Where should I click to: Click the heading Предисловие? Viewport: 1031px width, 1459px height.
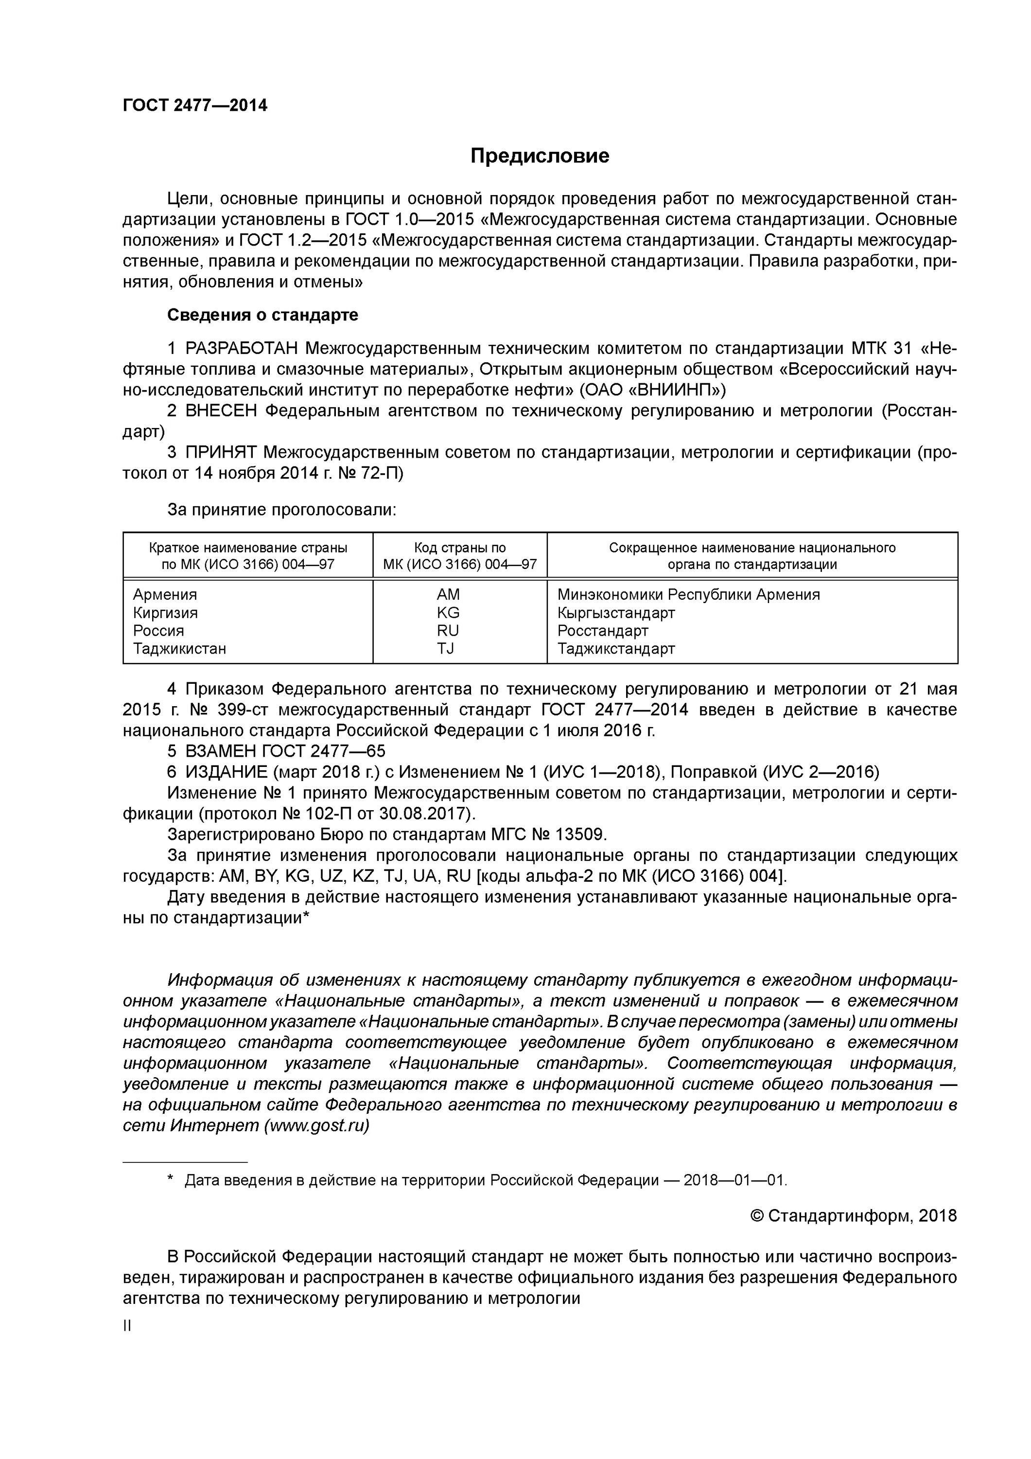pyautogui.click(x=540, y=156)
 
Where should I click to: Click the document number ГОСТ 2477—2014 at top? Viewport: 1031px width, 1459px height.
pyautogui.click(x=194, y=106)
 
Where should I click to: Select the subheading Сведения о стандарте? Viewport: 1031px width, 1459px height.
pyautogui.click(x=262, y=315)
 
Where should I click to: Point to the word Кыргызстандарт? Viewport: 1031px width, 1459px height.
pyautogui.click(x=615, y=613)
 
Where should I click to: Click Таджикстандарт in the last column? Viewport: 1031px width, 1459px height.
pyautogui.click(x=615, y=648)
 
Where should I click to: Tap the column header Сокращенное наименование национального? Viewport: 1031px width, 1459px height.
pyautogui.click(x=751, y=548)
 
